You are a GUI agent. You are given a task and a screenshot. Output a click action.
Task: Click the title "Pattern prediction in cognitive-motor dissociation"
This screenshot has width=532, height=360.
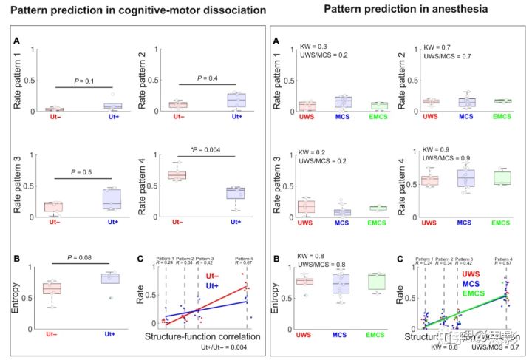click(x=138, y=11)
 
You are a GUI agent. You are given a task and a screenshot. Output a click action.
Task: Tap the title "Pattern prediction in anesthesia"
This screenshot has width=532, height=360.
click(x=396, y=10)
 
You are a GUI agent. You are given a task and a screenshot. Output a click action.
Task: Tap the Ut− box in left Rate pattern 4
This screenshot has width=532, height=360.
click(x=177, y=174)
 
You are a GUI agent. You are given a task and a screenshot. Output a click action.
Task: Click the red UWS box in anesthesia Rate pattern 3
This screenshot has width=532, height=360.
click(x=302, y=205)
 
